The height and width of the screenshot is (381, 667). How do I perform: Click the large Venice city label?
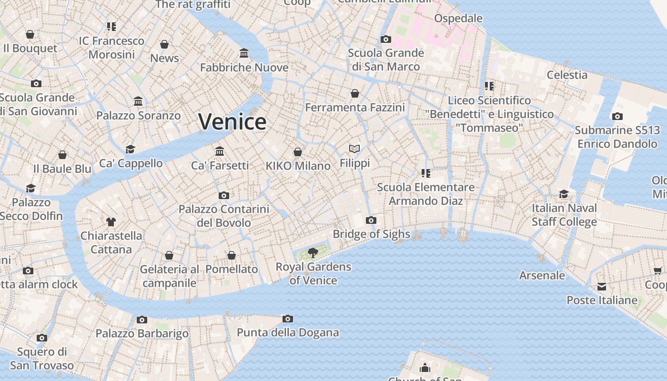(x=232, y=122)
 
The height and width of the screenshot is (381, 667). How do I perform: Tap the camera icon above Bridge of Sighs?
(x=371, y=220)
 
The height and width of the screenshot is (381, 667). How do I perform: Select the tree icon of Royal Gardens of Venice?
(x=313, y=252)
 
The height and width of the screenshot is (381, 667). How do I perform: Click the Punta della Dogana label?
(x=288, y=332)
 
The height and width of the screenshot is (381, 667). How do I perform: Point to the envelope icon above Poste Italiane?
(x=602, y=287)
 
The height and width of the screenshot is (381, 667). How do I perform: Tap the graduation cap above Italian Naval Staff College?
(x=564, y=194)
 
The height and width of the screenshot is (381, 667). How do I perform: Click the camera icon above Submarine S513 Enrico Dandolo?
(x=617, y=116)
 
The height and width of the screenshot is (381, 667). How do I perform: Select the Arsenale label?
(x=542, y=275)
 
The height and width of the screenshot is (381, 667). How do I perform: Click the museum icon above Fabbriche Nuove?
(x=244, y=53)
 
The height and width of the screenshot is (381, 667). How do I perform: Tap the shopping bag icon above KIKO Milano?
(x=298, y=152)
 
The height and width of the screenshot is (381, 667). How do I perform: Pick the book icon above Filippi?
(x=354, y=149)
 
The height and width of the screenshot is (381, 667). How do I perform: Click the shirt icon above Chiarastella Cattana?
(x=111, y=221)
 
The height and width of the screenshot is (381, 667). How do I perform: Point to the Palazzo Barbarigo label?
(x=142, y=333)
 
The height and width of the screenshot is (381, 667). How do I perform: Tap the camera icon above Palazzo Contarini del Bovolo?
(x=223, y=195)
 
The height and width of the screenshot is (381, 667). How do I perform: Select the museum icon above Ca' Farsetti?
(x=220, y=151)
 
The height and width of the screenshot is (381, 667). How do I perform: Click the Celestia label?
(x=567, y=75)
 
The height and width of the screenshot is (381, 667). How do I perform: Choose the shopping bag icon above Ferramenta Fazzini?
(x=355, y=93)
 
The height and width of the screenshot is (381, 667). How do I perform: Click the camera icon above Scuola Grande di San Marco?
(x=386, y=39)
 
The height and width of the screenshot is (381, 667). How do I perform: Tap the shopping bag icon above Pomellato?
(x=232, y=255)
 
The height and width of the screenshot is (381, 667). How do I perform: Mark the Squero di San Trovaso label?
(x=42, y=359)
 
